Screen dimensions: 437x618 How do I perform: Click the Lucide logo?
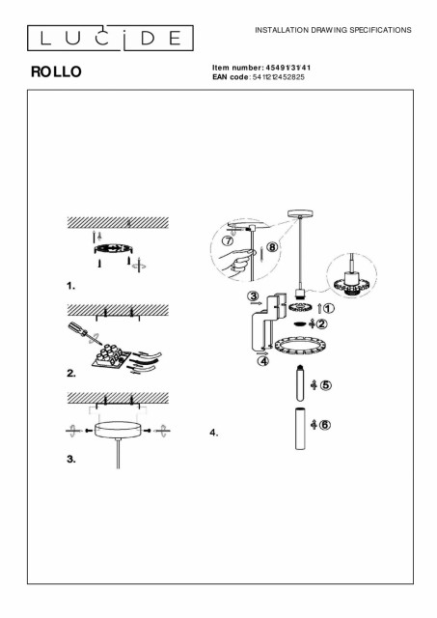click(110, 39)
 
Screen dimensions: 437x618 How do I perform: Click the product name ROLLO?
click(56, 71)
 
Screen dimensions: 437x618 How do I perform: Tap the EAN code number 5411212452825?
click(279, 77)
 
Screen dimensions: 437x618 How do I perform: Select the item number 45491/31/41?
click(288, 68)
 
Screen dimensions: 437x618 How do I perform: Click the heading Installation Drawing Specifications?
click(333, 30)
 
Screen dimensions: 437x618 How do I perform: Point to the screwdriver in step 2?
click(84, 333)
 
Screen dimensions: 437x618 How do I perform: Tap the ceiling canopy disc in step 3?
click(118, 430)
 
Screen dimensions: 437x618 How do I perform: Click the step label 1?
click(70, 286)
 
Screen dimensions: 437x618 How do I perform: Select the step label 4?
click(214, 433)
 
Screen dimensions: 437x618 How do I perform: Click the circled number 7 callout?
click(228, 240)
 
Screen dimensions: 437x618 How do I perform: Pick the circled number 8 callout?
click(272, 247)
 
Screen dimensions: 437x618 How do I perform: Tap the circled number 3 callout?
click(253, 295)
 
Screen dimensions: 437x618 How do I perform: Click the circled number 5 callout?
click(326, 385)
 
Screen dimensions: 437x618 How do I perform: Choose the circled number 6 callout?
click(325, 425)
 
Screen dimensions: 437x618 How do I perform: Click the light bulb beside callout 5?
click(300, 382)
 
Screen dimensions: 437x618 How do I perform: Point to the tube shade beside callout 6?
click(300, 429)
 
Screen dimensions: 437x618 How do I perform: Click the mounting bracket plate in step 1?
click(113, 249)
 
